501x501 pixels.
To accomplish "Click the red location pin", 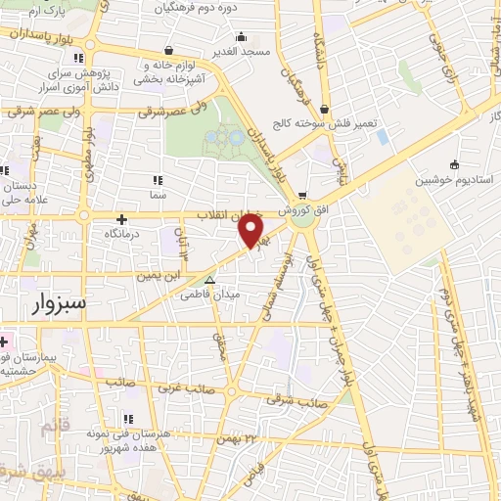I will [x=253, y=231].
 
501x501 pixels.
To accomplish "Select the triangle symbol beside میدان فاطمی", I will [x=207, y=279].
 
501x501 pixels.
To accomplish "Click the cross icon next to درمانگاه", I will [x=121, y=220].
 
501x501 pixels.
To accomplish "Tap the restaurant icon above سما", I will [x=158, y=180].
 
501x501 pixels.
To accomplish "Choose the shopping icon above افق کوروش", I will [x=302, y=194].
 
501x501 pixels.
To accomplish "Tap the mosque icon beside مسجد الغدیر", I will [x=170, y=49].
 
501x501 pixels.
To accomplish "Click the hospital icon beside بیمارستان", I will [x=4, y=342].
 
